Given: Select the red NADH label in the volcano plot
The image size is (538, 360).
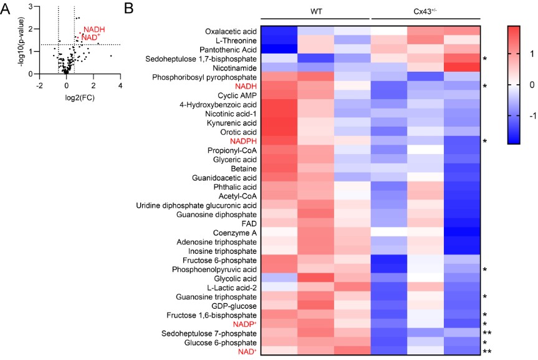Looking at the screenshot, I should [x=94, y=29].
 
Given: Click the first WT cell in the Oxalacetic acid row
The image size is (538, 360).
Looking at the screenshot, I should [x=279, y=31].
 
